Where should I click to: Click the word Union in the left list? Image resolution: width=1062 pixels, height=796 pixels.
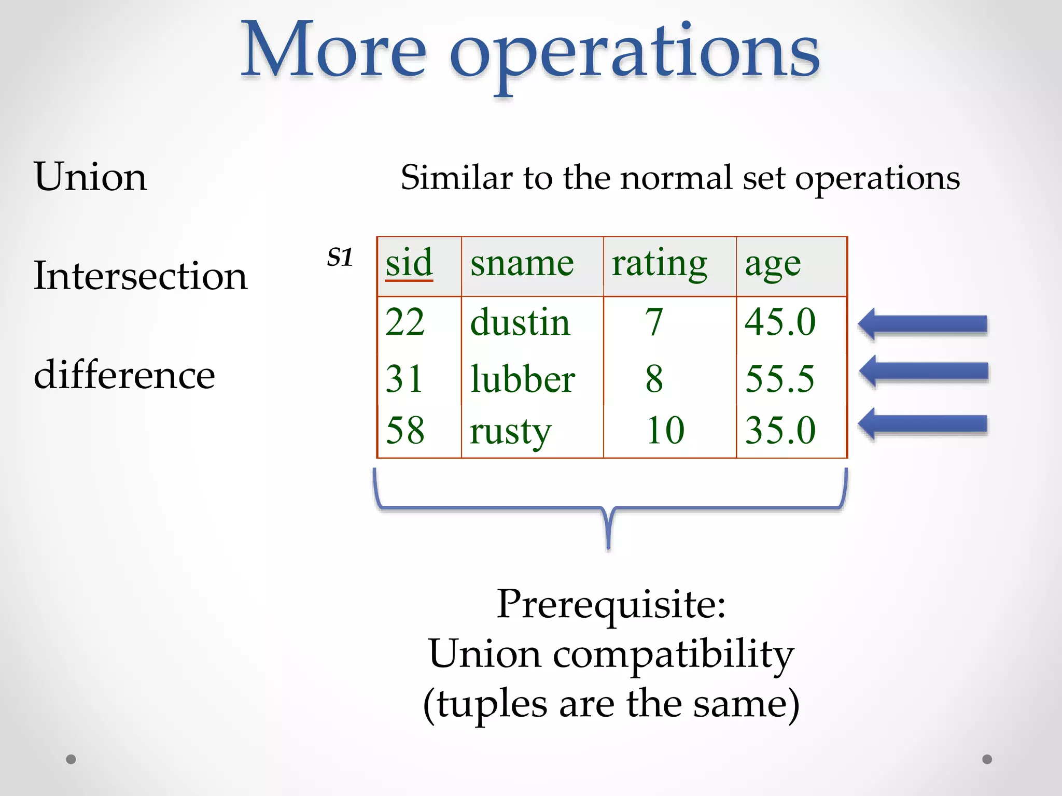click(90, 177)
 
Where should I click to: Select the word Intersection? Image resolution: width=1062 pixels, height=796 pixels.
click(140, 276)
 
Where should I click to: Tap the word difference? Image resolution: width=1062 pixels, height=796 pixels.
click(124, 375)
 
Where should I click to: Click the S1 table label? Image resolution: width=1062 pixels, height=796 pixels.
click(340, 257)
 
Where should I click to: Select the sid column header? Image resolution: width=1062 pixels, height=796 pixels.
click(409, 263)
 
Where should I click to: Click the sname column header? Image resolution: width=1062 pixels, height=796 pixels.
click(522, 263)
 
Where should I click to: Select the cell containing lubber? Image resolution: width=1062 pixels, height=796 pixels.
click(522, 379)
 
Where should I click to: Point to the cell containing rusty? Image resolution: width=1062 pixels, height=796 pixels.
click(510, 431)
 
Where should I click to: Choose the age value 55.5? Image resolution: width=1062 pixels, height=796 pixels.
click(779, 379)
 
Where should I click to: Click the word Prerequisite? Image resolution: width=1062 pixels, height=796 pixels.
click(610, 604)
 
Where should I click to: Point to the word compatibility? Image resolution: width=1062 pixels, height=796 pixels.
click(673, 654)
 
